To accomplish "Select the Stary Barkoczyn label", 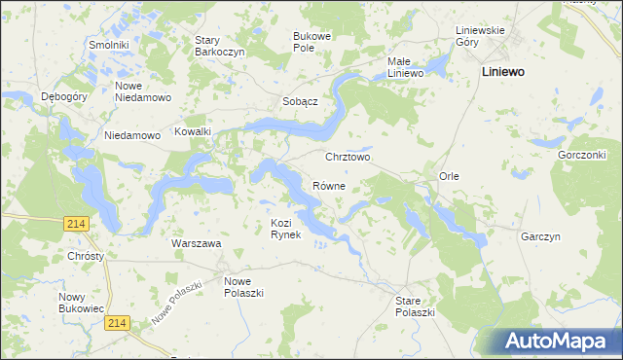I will (219, 46).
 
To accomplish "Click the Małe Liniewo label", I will (405, 67).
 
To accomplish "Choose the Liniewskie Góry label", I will (481, 36).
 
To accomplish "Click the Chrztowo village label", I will (348, 157).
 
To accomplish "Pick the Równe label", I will (329, 185).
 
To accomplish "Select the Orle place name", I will (449, 176).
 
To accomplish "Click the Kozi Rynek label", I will (287, 229).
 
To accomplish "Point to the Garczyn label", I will (540, 236).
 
